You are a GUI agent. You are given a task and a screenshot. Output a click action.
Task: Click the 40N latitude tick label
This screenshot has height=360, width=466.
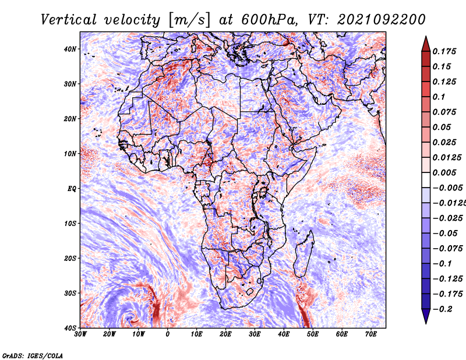70,49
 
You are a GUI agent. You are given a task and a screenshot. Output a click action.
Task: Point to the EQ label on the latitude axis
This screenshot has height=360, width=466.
72,189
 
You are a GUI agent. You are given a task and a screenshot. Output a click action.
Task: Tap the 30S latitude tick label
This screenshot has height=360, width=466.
70,294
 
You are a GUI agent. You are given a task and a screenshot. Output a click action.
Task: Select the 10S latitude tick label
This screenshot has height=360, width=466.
70,224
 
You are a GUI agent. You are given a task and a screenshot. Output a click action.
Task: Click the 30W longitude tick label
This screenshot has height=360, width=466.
80,334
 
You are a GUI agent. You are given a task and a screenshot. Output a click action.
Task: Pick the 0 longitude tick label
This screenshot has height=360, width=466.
168,334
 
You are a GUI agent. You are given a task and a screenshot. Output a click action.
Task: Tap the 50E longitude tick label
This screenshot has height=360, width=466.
313,334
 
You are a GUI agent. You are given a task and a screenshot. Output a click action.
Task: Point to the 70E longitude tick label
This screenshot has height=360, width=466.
371,334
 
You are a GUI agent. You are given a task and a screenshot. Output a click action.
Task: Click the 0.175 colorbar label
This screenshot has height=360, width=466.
444,52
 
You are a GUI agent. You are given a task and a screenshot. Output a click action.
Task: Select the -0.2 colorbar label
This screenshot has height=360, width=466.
443,309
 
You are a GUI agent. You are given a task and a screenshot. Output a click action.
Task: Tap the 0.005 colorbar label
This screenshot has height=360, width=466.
444,172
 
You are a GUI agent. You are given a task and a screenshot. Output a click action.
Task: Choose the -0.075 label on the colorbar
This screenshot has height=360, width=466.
447,248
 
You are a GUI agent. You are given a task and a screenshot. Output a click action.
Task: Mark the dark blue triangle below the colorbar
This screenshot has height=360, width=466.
426,315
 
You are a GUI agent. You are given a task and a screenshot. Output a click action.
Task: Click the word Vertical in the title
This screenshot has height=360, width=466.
69,20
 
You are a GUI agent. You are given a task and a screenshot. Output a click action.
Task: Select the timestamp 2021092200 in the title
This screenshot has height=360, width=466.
382,20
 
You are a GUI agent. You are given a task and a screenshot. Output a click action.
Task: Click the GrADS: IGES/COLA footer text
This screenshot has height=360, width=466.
33,356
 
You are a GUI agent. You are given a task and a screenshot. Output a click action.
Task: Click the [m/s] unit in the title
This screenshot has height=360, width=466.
189,20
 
